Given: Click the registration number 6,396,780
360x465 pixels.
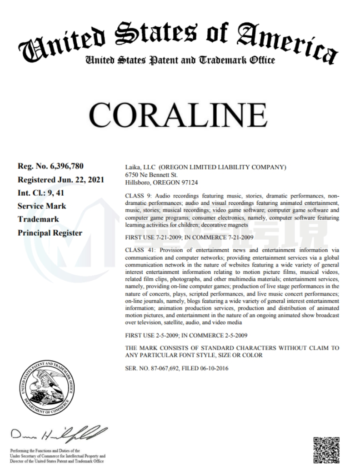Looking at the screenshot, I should (x=65, y=165).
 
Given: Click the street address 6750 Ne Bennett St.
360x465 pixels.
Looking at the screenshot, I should (x=151, y=175).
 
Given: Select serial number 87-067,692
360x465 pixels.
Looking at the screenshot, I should (x=163, y=369).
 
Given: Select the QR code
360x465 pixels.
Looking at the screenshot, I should (x=326, y=450).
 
